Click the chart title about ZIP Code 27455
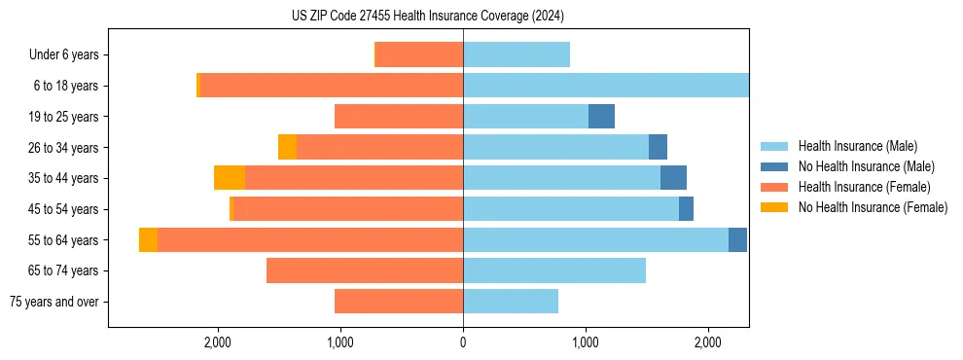[x=428, y=17]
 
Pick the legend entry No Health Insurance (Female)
[x=872, y=207]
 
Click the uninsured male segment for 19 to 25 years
[x=601, y=117]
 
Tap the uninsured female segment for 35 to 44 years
[x=230, y=178]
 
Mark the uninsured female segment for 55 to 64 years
[x=148, y=240]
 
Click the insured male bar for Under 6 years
[x=517, y=55]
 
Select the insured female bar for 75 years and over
[x=399, y=302]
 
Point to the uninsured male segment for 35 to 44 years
[x=673, y=178]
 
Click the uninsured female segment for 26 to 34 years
[x=287, y=147]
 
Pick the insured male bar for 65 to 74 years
[x=554, y=270]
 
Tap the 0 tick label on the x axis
[x=463, y=342]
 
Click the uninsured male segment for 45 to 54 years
[x=686, y=209]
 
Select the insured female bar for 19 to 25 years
[x=399, y=117]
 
